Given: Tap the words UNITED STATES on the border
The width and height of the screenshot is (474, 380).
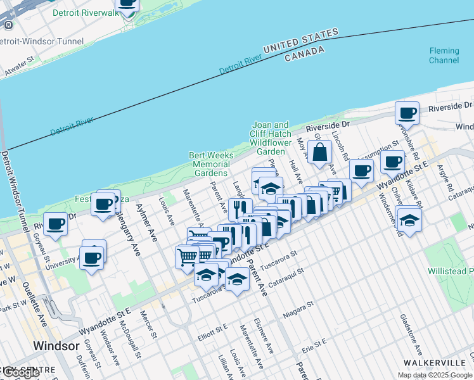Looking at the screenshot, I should tap(301, 41).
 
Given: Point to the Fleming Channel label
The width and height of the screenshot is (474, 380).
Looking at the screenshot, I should tap(444, 56).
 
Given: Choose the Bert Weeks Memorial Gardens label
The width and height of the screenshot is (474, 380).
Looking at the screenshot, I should tap(211, 164).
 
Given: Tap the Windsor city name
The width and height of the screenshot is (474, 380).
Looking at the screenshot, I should tap(56, 346).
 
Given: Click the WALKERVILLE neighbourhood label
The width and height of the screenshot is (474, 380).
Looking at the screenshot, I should tap(435, 362).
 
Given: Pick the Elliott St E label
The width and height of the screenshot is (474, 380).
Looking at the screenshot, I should tap(212, 331).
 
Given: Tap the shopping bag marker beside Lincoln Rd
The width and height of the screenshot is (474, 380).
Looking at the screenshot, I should tap(321, 153).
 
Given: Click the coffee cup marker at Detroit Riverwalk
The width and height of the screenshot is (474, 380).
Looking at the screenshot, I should tap(127, 4).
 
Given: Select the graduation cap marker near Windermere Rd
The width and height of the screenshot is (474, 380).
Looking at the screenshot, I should tap(409, 220).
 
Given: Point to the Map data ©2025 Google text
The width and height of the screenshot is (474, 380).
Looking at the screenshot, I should tap(434, 375).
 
